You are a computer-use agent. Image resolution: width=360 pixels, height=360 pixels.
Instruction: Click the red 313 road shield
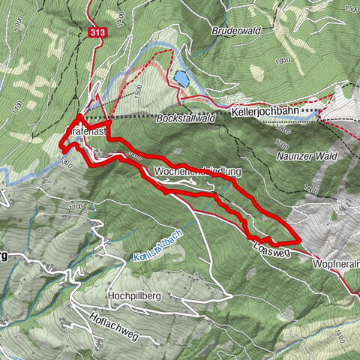tap(96, 33)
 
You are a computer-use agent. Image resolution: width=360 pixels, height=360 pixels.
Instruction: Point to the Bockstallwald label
tap(186, 119)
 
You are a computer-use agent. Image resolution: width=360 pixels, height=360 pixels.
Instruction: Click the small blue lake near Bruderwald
tap(181, 76)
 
